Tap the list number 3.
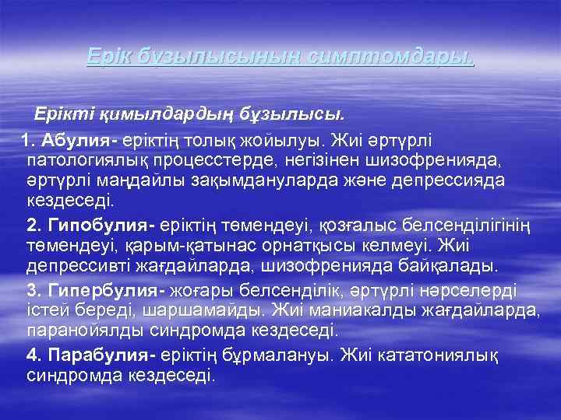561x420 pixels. click(33, 291)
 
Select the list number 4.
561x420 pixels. click(33, 355)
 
